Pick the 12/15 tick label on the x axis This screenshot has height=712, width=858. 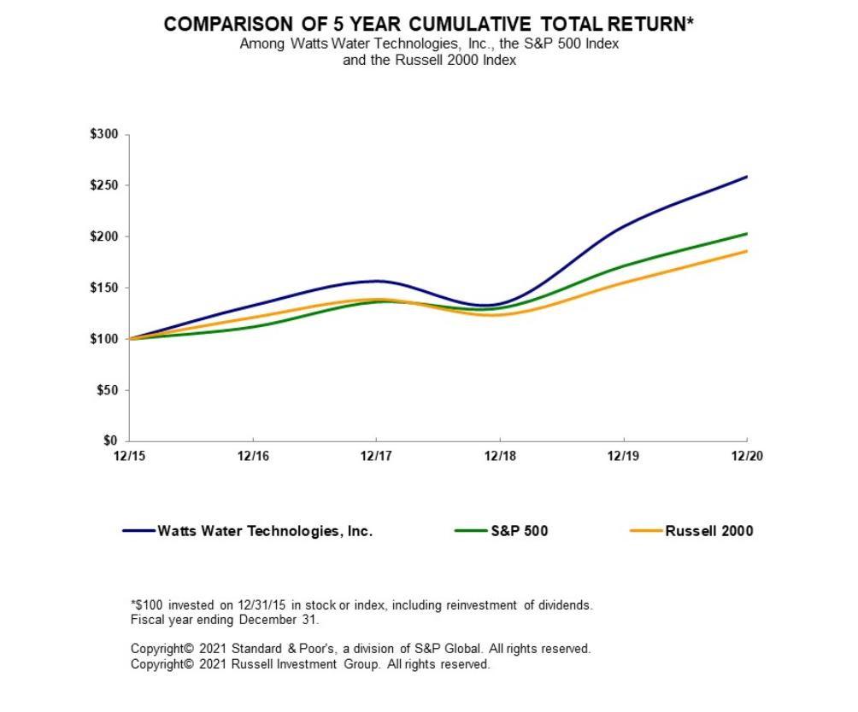[x=128, y=456]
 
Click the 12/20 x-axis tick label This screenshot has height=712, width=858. [x=747, y=456]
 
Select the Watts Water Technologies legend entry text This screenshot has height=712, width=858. [x=265, y=531]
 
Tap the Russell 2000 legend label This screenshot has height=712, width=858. [x=709, y=531]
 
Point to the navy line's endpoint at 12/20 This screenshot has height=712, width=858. [x=747, y=177]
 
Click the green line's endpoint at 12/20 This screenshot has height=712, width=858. [x=747, y=233]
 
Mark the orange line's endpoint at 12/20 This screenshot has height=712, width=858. [x=747, y=251]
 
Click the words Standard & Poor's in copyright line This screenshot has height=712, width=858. [x=279, y=649]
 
